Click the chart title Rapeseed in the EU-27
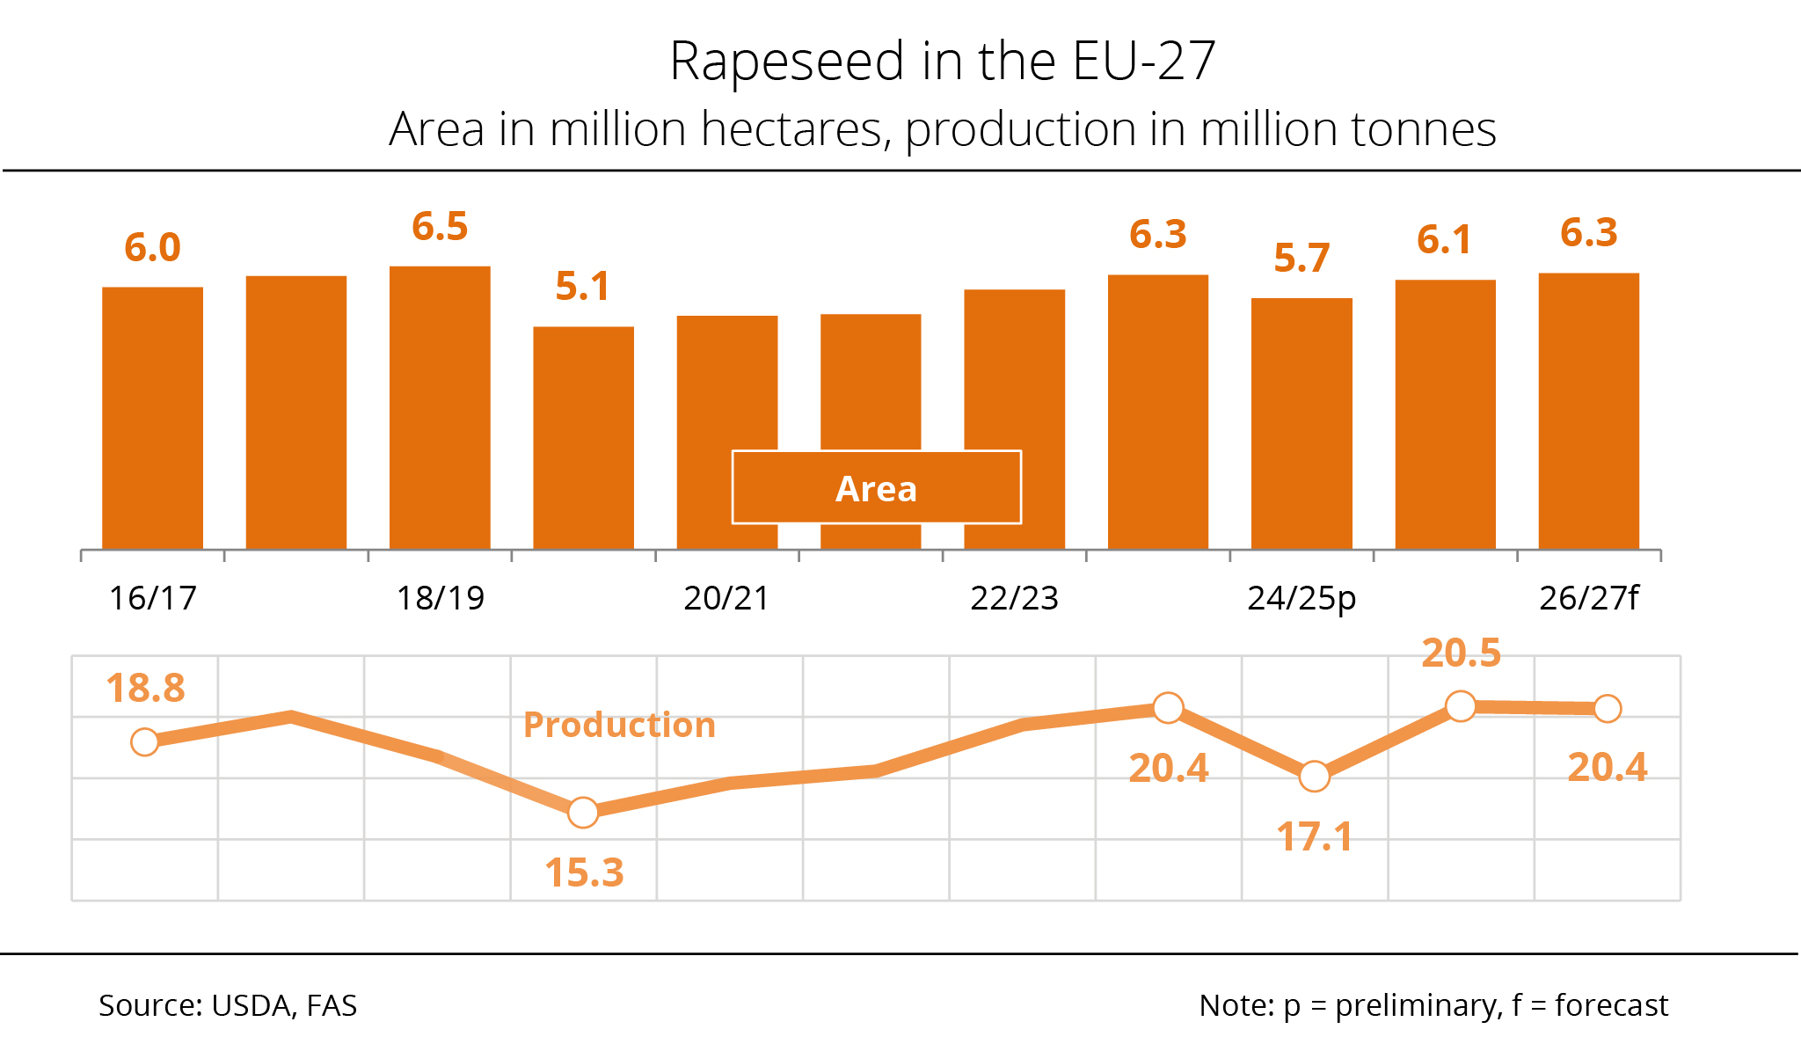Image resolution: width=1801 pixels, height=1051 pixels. (942, 62)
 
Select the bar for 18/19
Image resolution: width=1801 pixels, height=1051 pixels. (440, 408)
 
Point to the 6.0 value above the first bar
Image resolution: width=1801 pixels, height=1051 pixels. (152, 248)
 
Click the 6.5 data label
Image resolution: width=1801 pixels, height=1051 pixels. (440, 227)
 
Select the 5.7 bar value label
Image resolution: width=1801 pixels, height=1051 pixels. (1302, 259)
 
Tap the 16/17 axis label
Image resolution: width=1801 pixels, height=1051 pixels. (152, 598)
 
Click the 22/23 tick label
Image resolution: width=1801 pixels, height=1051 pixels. (1014, 598)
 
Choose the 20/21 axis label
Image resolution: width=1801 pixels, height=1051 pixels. (726, 598)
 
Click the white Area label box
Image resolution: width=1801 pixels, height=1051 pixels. (876, 488)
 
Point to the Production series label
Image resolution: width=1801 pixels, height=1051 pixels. (619, 725)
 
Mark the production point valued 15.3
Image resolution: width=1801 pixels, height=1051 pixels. (583, 813)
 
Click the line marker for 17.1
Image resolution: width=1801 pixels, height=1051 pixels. (1314, 777)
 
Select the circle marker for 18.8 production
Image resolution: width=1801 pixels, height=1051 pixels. (145, 742)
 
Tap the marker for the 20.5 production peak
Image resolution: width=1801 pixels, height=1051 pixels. (1461, 706)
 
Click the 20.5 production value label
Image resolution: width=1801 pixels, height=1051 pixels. (1461, 653)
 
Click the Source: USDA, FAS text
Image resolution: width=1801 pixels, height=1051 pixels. (228, 1005)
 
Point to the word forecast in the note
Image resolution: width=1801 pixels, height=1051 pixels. (1611, 1005)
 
